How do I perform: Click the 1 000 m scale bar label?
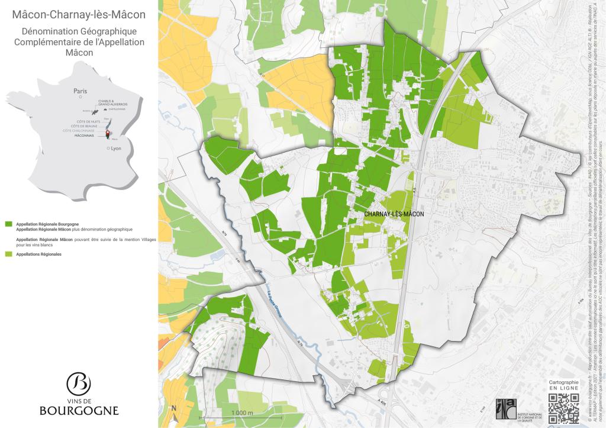[x=242, y=413]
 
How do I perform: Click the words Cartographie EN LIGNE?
[x=563, y=385]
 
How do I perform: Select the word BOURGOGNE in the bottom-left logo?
[x=79, y=410]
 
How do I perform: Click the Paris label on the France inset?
[x=80, y=91]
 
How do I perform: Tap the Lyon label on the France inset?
[x=115, y=149]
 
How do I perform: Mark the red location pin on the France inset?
[x=108, y=134]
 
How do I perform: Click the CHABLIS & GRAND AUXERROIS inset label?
[x=113, y=104]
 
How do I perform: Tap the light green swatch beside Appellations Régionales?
[x=8, y=254]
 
